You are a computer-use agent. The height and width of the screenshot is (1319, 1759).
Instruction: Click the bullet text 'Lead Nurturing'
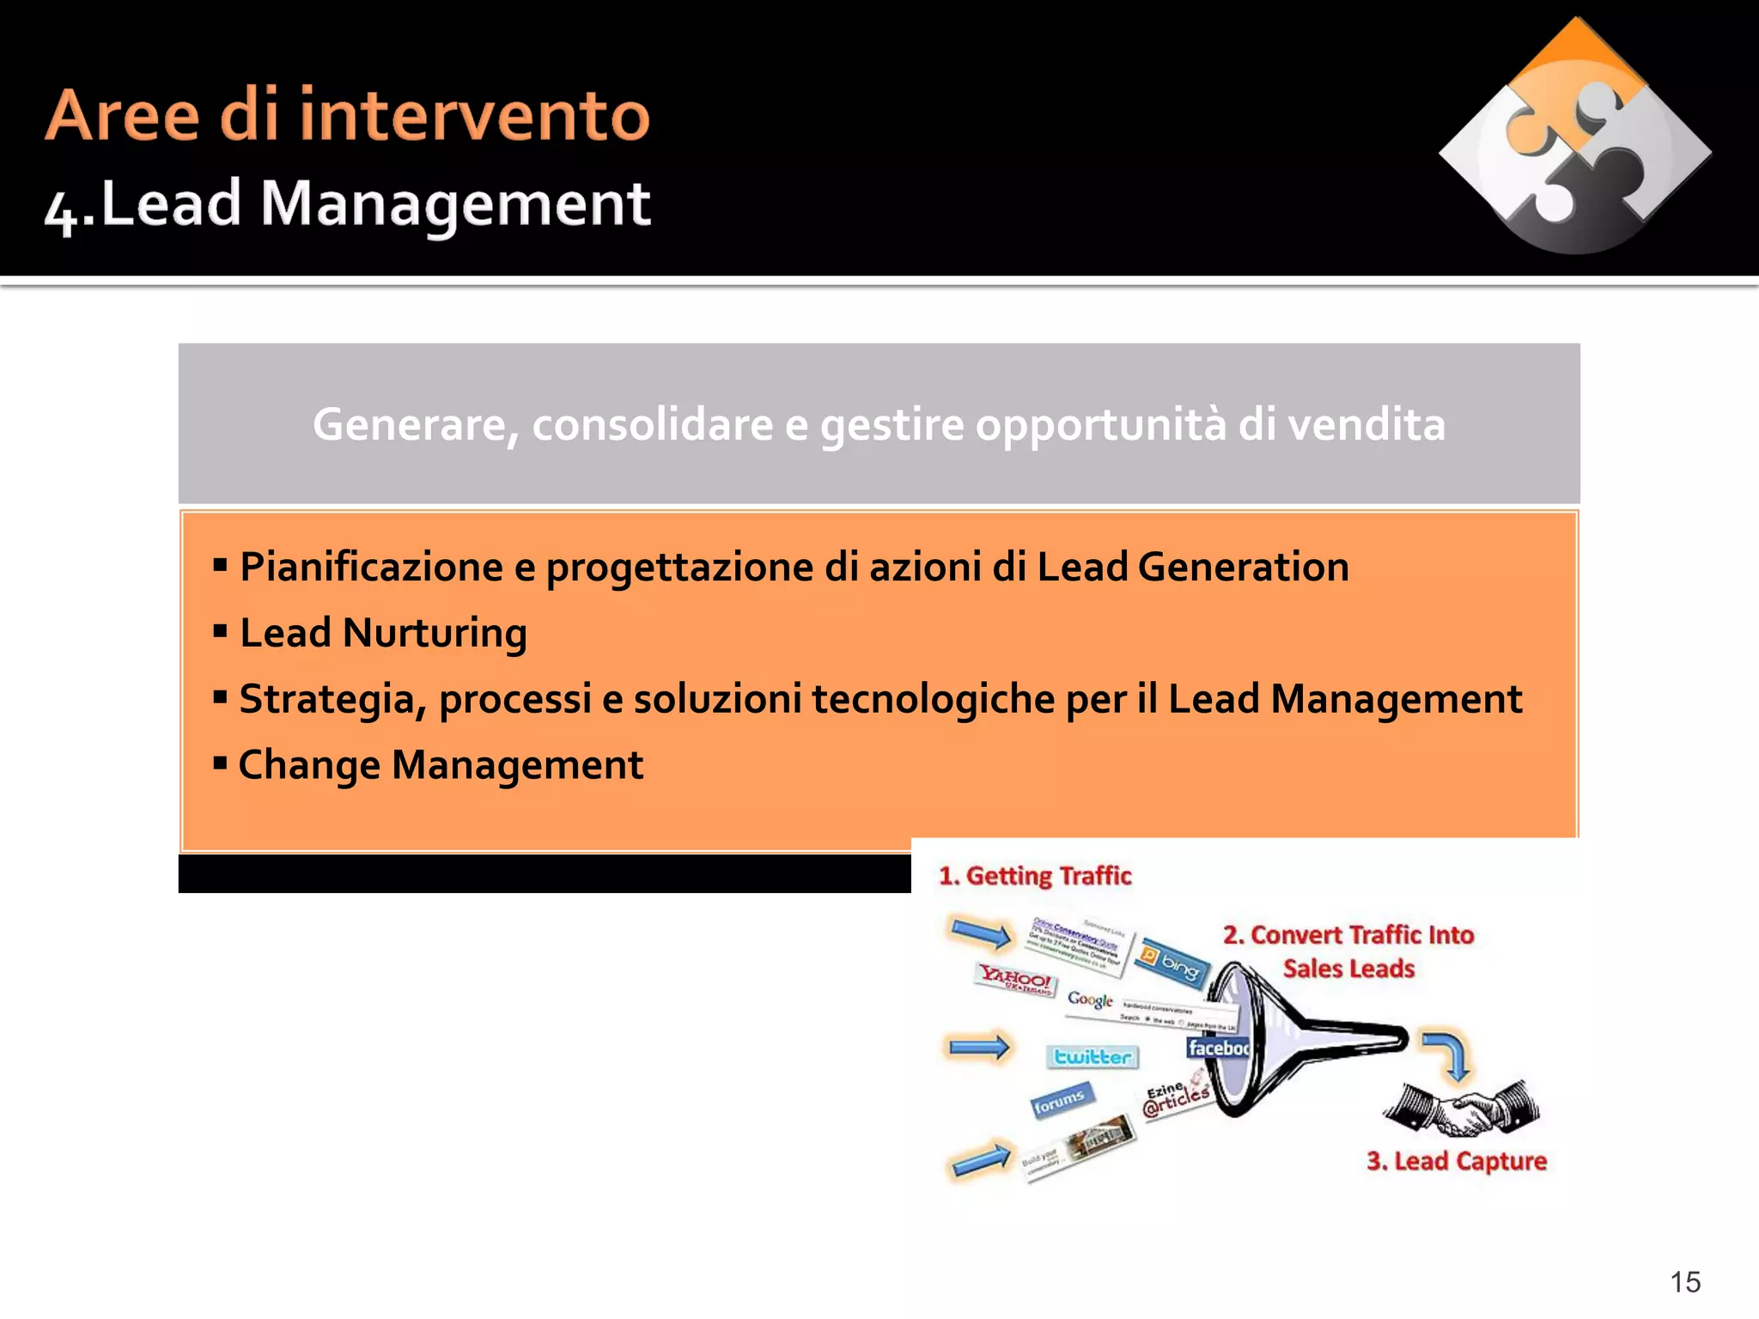pyautogui.click(x=382, y=633)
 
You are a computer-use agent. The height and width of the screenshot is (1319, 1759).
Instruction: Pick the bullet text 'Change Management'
pyautogui.click(x=440, y=764)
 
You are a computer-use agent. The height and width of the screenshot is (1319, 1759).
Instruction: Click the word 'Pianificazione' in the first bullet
pyautogui.click(x=371, y=567)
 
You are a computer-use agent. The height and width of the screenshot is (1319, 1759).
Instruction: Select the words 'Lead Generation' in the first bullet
pyautogui.click(x=1192, y=567)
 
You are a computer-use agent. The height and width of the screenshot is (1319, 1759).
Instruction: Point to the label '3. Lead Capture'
pyautogui.click(x=1456, y=1161)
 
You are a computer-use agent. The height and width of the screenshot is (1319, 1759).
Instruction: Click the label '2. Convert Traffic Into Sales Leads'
pyautogui.click(x=1348, y=951)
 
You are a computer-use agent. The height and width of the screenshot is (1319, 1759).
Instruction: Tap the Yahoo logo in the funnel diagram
pyautogui.click(x=1016, y=980)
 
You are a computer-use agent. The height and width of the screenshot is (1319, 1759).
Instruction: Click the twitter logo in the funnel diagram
pyautogui.click(x=1092, y=1056)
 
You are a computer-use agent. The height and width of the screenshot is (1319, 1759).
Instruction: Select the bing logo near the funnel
pyautogui.click(x=1171, y=963)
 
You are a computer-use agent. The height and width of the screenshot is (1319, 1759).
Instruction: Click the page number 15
pyautogui.click(x=1685, y=1281)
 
